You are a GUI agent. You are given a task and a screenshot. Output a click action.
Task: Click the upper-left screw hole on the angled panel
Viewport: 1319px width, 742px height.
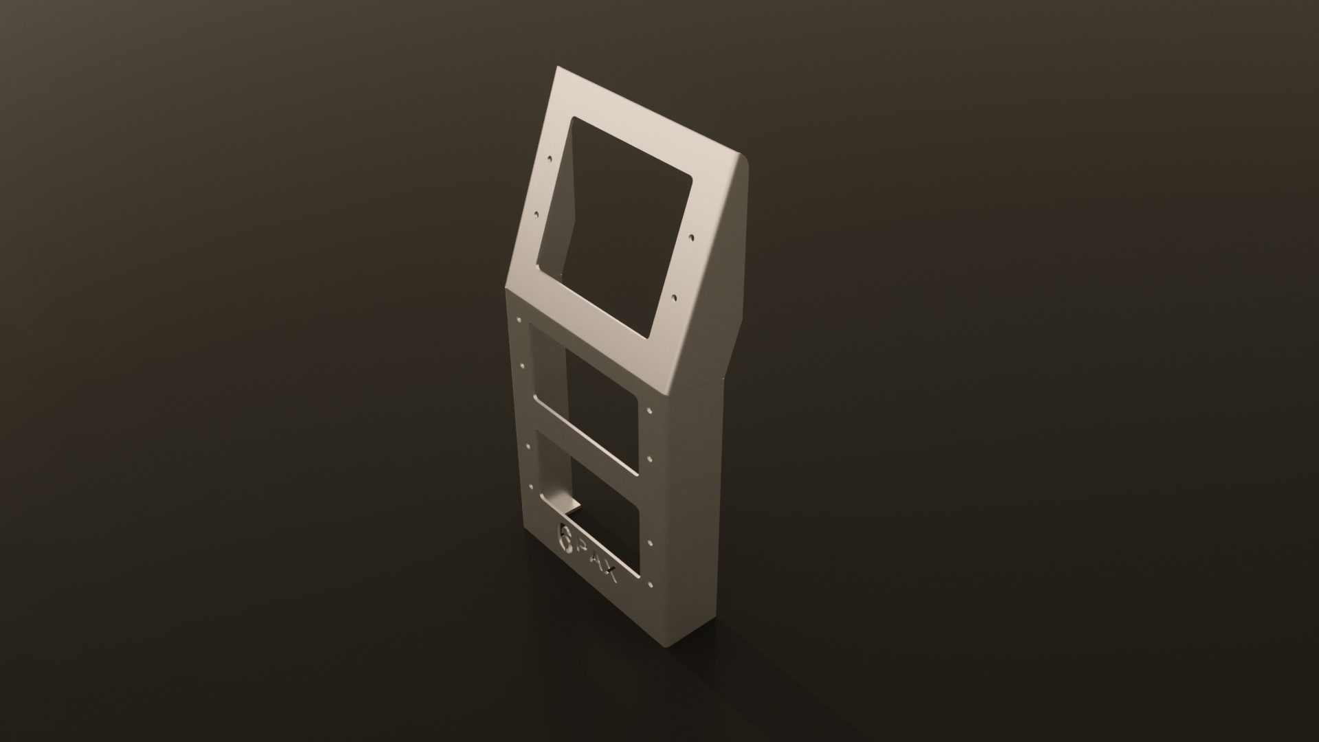[x=549, y=159]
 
